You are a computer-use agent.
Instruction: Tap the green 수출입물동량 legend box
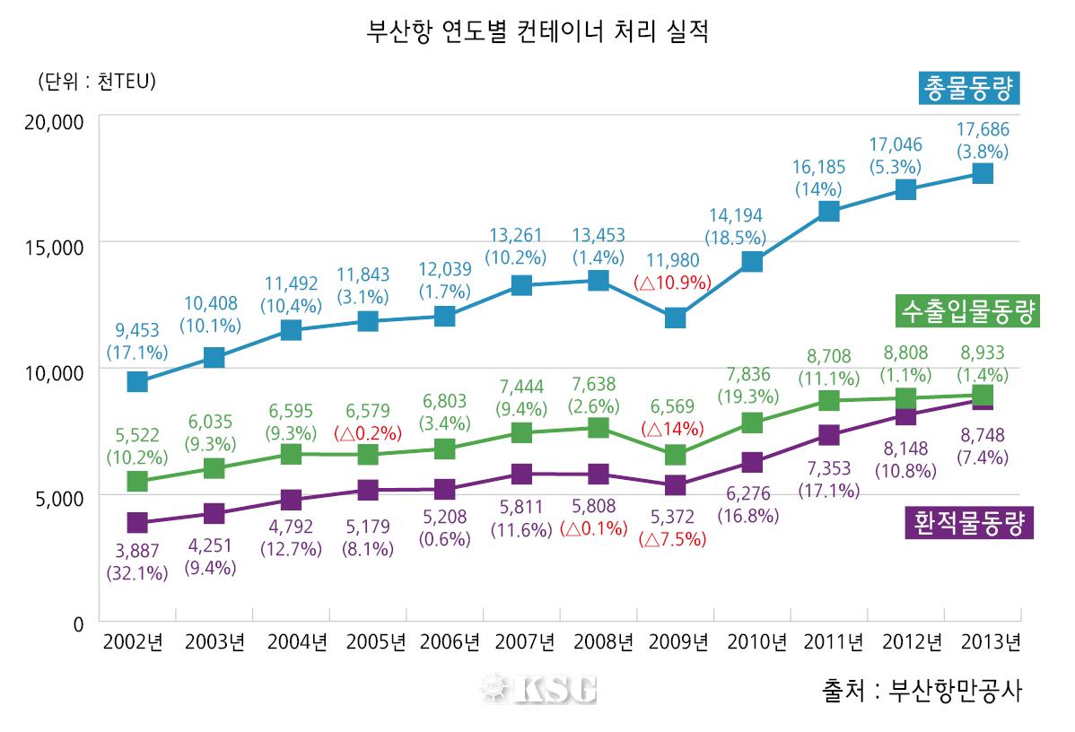(x=966, y=313)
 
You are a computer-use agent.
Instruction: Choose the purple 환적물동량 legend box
(x=969, y=521)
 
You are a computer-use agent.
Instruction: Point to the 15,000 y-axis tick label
(x=53, y=247)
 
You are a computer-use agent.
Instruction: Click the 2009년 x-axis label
(x=675, y=642)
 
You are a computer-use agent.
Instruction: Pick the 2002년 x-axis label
(x=136, y=642)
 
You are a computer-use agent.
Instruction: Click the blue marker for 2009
(x=675, y=318)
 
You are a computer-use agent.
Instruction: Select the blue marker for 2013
(x=983, y=173)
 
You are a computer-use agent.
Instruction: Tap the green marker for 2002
(x=136, y=482)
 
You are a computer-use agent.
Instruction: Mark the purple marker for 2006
(x=444, y=490)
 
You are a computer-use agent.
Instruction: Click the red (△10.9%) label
(x=672, y=282)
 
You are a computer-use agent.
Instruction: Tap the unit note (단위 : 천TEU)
(x=97, y=82)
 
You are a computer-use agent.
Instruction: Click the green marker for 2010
(x=752, y=423)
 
